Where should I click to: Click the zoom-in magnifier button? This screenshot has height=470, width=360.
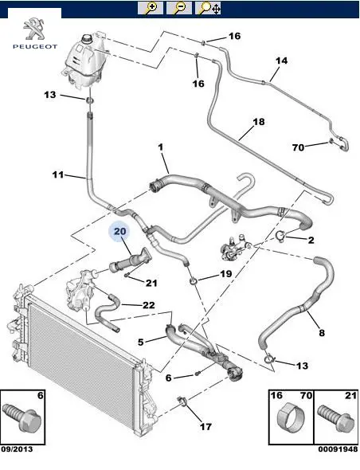[151, 8]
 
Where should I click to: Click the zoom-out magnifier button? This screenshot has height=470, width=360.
[179, 8]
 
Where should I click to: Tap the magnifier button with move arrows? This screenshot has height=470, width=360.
[209, 8]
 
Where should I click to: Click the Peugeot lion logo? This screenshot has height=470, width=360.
[34, 29]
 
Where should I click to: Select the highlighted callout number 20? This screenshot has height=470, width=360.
[120, 231]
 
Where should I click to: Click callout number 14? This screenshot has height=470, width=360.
[281, 61]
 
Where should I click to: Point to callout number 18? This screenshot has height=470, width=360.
[259, 122]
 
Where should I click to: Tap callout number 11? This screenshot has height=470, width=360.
[58, 174]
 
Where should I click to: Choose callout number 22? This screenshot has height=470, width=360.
[149, 305]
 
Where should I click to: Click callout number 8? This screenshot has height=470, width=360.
[321, 333]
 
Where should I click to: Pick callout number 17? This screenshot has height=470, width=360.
[205, 426]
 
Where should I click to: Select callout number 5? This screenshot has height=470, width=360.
[141, 342]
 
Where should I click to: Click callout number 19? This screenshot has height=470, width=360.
[225, 274]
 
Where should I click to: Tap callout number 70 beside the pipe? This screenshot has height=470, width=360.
[298, 147]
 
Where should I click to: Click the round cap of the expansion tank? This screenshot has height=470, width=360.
[88, 39]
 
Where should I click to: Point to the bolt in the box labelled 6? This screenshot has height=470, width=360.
[22, 417]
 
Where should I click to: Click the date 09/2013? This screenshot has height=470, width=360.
[17, 449]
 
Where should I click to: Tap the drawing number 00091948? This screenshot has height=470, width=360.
[338, 449]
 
